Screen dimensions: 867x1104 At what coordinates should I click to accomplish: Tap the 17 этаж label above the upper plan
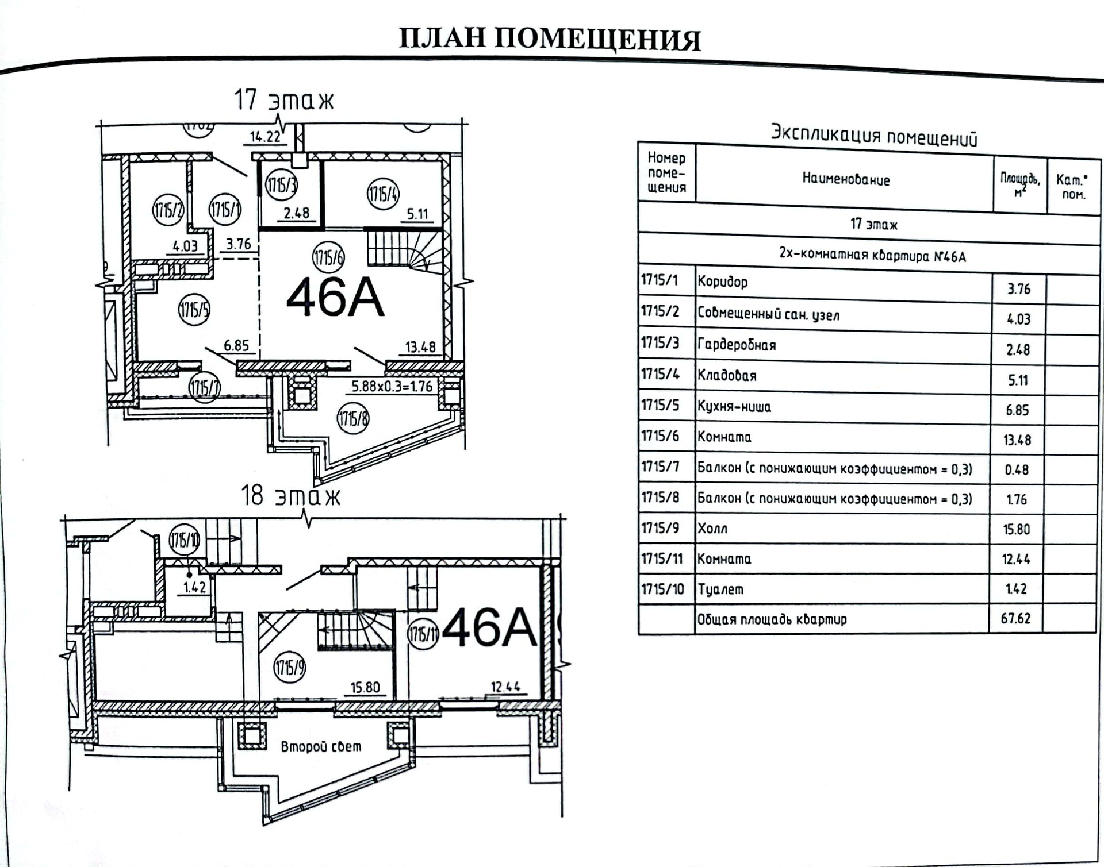coord(283,101)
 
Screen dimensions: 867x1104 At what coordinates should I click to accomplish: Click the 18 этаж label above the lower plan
coord(290,496)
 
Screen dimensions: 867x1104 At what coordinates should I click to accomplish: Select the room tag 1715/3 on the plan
coord(281,185)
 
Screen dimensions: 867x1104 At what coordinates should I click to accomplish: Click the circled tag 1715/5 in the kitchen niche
coord(194,310)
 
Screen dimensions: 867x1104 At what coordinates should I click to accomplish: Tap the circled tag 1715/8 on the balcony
coord(352,419)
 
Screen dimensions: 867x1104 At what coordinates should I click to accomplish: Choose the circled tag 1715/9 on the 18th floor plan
coord(289,668)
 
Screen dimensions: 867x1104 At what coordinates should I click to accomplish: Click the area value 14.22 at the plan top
coord(265,137)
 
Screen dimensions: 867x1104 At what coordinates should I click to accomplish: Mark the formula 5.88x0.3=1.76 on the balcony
coord(392,386)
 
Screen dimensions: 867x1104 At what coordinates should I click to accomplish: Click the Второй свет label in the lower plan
coord(321,746)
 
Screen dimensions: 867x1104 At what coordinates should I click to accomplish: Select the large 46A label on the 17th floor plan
coord(335,298)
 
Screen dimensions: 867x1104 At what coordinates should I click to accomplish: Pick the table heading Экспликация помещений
coord(873,136)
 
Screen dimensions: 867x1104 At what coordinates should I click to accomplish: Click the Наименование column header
coord(846,180)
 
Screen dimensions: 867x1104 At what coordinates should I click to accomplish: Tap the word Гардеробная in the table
coord(737,345)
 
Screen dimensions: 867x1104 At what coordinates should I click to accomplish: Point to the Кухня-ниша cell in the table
coord(734,407)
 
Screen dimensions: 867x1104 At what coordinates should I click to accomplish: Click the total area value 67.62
coord(1015,618)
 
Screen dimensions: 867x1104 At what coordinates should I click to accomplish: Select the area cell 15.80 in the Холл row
coord(1016,529)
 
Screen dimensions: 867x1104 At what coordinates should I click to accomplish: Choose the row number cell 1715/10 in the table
coord(662,589)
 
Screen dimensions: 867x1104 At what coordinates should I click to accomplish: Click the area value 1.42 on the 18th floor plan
coord(194,588)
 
